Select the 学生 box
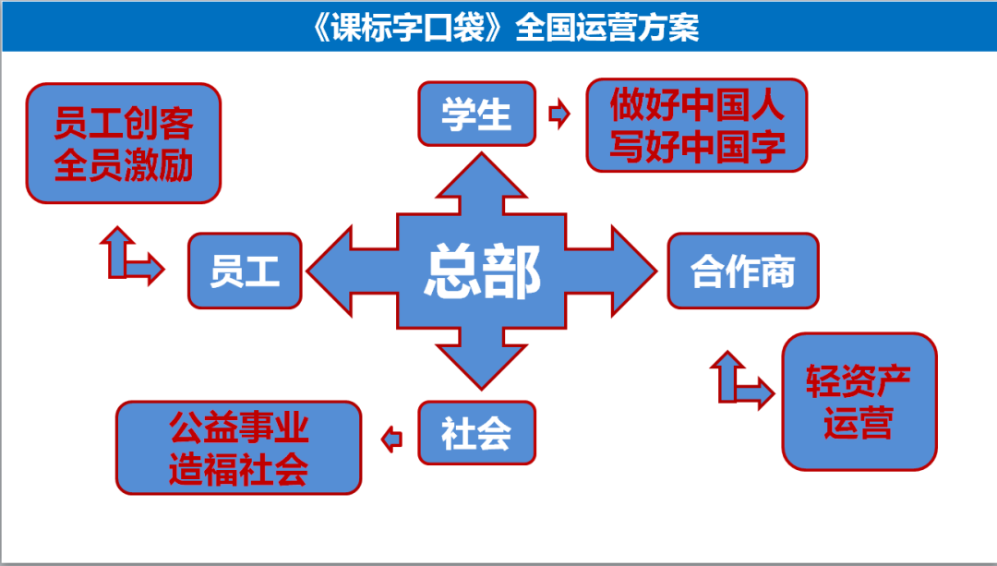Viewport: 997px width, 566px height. coord(476,114)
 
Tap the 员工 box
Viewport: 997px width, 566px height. coord(245,271)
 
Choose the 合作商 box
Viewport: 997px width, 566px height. coord(743,271)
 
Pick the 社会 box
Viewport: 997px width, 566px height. coord(476,432)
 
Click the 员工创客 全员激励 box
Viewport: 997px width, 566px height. coord(124,143)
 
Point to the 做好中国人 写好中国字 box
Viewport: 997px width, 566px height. coord(697,125)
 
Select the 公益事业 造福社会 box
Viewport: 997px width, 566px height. coord(238,448)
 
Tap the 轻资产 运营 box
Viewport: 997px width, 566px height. coord(859,402)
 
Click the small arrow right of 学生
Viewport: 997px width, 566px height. coord(559,114)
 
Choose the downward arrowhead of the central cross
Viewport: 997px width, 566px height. coord(481,364)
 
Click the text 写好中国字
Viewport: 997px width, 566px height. coord(697,146)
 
